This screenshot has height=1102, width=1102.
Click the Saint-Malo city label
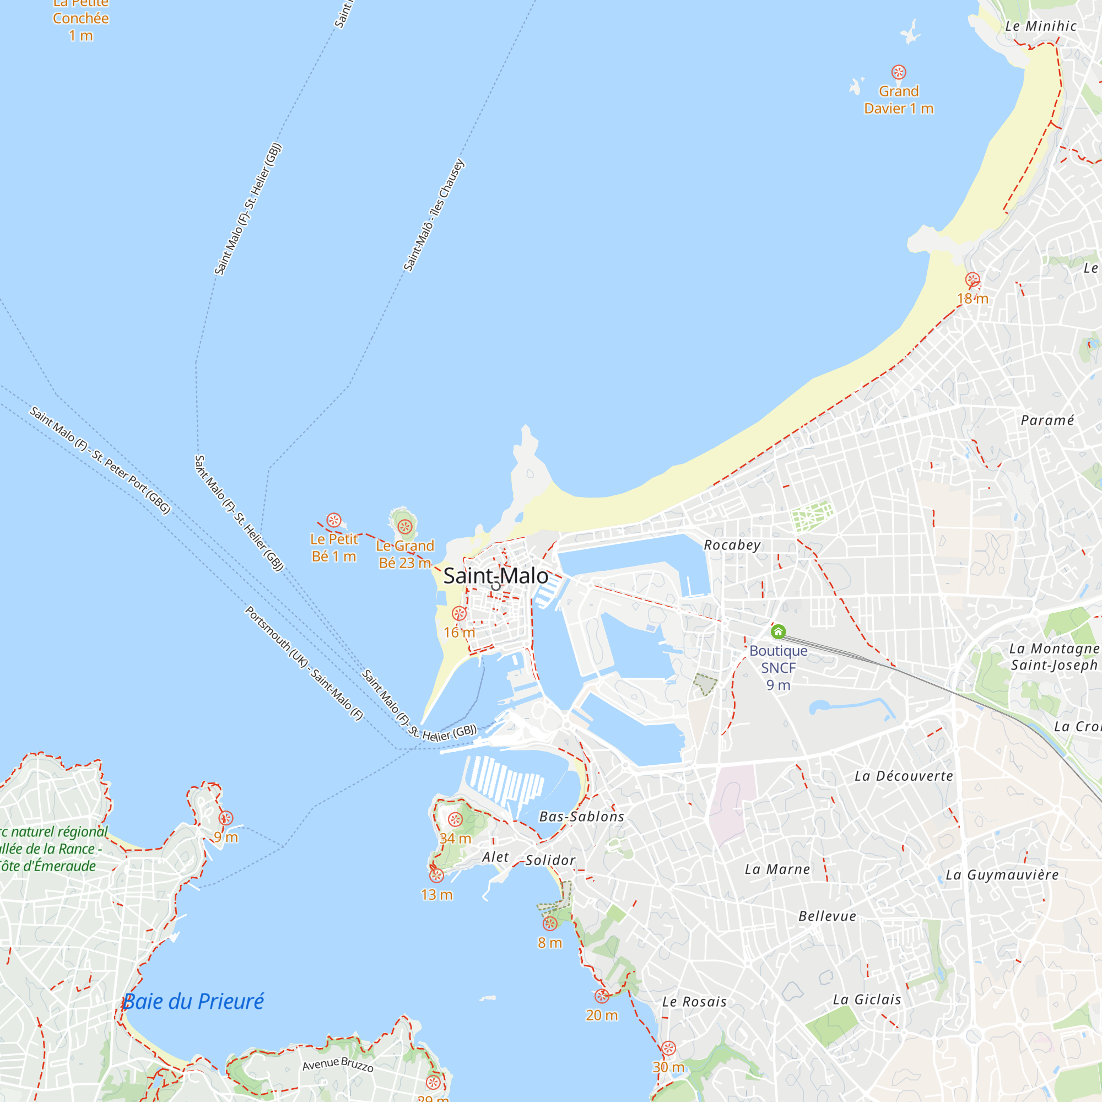point(495,576)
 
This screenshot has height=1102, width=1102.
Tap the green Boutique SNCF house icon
point(778,631)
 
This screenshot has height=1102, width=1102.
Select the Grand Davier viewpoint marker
point(898,72)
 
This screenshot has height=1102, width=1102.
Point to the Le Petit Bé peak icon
point(334,520)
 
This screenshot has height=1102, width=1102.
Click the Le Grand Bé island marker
point(405,526)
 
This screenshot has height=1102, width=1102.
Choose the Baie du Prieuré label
point(193,1001)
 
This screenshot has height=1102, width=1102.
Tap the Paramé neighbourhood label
point(1047,420)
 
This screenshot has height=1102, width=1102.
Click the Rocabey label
point(732,545)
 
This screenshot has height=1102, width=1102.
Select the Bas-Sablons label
point(581,816)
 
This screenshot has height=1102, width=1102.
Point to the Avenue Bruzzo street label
point(338,1064)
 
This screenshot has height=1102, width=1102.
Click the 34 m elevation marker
point(455,820)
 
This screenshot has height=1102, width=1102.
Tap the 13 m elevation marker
point(436,876)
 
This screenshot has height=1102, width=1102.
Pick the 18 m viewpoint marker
point(973,280)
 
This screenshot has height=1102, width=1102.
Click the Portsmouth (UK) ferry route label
point(304,663)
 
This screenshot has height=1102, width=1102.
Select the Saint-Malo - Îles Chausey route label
point(434,215)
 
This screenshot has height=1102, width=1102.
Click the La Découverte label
point(904,776)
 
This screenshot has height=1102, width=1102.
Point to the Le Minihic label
point(1040,26)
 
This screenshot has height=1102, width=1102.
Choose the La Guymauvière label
point(1002,874)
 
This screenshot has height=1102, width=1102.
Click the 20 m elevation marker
point(602,996)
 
